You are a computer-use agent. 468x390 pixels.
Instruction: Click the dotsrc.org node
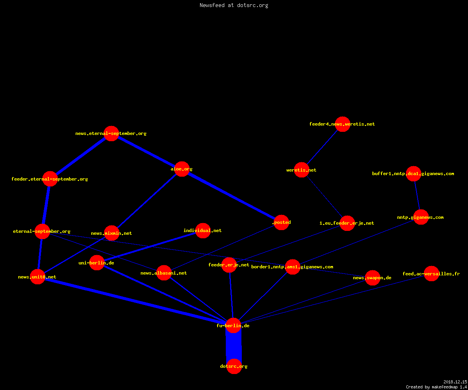234,366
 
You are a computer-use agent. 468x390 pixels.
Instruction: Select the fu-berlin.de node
233,325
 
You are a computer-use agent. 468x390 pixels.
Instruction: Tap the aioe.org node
182,169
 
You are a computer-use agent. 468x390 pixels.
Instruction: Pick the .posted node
281,222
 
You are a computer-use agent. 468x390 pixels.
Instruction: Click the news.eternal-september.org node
111,134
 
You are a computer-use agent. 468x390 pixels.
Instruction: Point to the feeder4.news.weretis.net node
342,124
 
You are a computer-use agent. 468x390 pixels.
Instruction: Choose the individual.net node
203,230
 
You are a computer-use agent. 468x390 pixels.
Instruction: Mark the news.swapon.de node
372,278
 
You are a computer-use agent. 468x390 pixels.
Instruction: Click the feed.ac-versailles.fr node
431,274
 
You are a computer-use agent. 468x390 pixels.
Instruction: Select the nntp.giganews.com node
421,217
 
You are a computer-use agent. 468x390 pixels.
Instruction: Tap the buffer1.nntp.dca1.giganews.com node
413,174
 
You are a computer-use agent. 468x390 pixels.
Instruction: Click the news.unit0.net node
37,277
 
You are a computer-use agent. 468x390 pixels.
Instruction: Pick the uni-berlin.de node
97,262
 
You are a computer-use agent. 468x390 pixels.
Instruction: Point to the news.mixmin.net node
112,233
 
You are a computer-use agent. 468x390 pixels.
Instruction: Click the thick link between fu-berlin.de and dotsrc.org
234,346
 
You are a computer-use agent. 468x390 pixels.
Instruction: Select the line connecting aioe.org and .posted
232,196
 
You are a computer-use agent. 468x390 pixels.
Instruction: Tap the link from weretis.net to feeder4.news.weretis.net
322,147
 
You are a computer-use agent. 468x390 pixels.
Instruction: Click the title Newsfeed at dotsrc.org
234,5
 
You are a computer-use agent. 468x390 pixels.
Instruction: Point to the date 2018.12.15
455,382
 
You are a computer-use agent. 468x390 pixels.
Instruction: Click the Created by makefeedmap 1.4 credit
436,387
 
